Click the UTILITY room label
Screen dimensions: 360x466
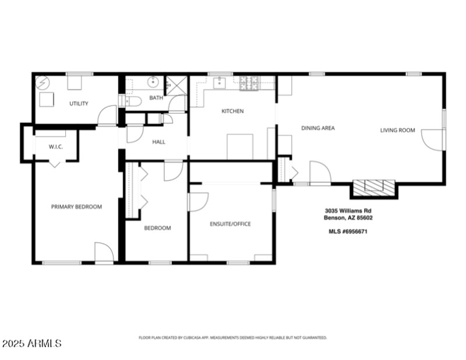[x=79, y=104]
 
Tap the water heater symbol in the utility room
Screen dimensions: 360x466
[x=43, y=83]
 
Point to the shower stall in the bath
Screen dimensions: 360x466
[x=175, y=85]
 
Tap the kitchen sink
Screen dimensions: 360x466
[x=220, y=83]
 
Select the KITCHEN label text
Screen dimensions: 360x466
[x=232, y=111]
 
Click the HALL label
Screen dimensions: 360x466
[x=158, y=142]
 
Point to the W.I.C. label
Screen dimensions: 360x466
[x=55, y=147]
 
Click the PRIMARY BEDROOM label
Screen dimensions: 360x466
[x=76, y=207]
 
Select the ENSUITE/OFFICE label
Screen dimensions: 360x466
[x=230, y=224]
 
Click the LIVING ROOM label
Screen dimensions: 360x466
[x=397, y=130]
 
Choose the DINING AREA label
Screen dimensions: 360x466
[x=317, y=128]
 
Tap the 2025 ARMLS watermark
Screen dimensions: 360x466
[x=31, y=344]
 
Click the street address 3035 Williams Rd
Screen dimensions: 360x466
[x=348, y=211]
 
